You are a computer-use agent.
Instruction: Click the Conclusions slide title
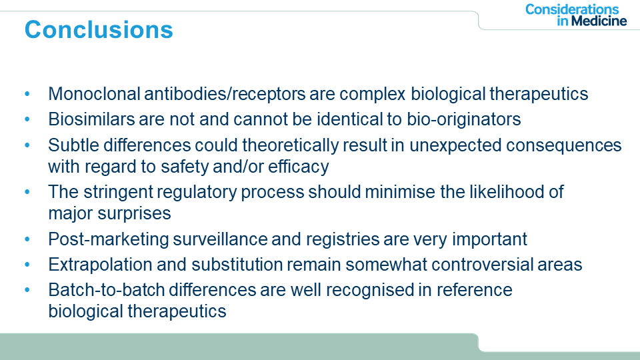99,30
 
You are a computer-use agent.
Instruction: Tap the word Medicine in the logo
599,21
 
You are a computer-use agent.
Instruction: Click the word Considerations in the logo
572,9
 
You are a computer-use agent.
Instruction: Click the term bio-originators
464,120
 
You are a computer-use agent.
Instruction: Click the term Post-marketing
108,239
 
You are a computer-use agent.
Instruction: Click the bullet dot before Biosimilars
27,119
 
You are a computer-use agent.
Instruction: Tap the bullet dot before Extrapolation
27,265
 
